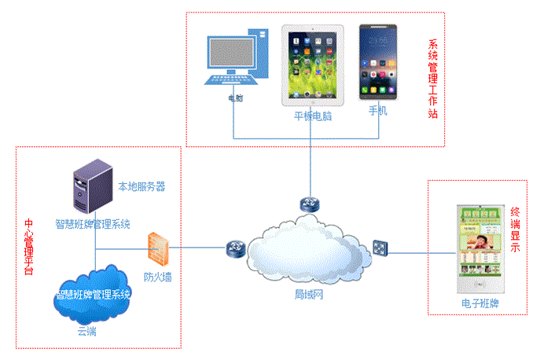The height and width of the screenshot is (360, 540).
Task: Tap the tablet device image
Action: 313,64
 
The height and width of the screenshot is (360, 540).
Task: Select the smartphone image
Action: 378,62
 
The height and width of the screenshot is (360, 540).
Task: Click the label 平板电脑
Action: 313,115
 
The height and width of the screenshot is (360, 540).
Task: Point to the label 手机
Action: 378,111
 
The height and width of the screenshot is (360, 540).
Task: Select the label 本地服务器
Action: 141,186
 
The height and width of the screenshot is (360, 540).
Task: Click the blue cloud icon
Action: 93,294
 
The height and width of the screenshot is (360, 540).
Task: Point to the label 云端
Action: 86,331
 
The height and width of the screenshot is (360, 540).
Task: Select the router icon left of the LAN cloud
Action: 234,249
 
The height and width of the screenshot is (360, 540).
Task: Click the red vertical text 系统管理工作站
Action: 432,79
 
